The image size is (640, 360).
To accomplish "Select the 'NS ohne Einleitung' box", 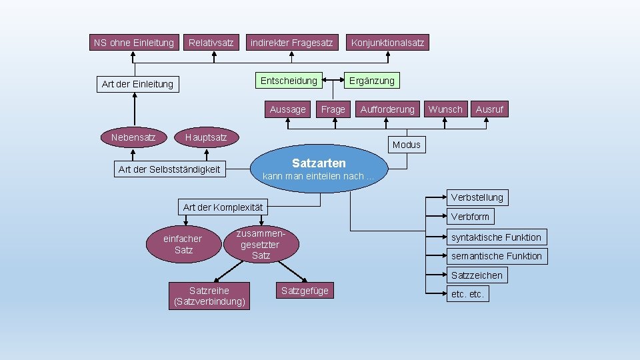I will point(134,43).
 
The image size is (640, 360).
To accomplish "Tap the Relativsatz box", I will point(211,43).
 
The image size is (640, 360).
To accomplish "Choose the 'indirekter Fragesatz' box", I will point(291,43).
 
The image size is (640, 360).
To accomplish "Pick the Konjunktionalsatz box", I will point(387,43).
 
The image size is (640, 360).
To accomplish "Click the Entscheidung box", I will point(289,81).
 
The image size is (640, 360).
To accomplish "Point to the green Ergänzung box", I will point(372,81).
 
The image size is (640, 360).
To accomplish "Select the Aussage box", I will point(288,109).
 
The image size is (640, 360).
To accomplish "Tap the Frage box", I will point(333,109).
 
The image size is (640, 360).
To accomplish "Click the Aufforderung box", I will point(387,109).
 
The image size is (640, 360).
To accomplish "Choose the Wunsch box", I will point(445,109).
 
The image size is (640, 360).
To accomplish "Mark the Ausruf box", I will point(489,109).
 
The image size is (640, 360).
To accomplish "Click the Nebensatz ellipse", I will point(133,137).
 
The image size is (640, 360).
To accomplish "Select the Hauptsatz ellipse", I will point(206,137).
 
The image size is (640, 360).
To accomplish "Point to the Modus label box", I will point(407,145).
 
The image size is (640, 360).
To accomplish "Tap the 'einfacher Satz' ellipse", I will point(183,244).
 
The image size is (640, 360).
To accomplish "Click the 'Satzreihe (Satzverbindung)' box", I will point(209,296).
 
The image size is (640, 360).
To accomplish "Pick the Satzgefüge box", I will point(305,291).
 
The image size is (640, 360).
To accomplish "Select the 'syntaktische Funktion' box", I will point(496,237).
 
